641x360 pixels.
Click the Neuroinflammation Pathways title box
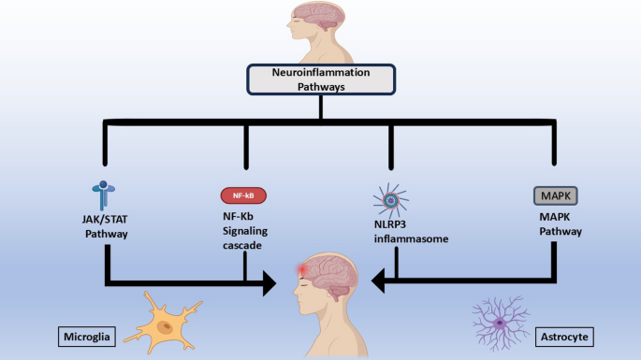[x=320, y=79]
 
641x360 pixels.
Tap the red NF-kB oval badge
[x=245, y=196]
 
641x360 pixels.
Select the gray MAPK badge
[x=553, y=196]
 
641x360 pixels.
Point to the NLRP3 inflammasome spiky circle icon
[x=392, y=203]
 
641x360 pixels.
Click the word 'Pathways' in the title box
[x=320, y=86]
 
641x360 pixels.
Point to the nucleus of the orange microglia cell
[x=166, y=327]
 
